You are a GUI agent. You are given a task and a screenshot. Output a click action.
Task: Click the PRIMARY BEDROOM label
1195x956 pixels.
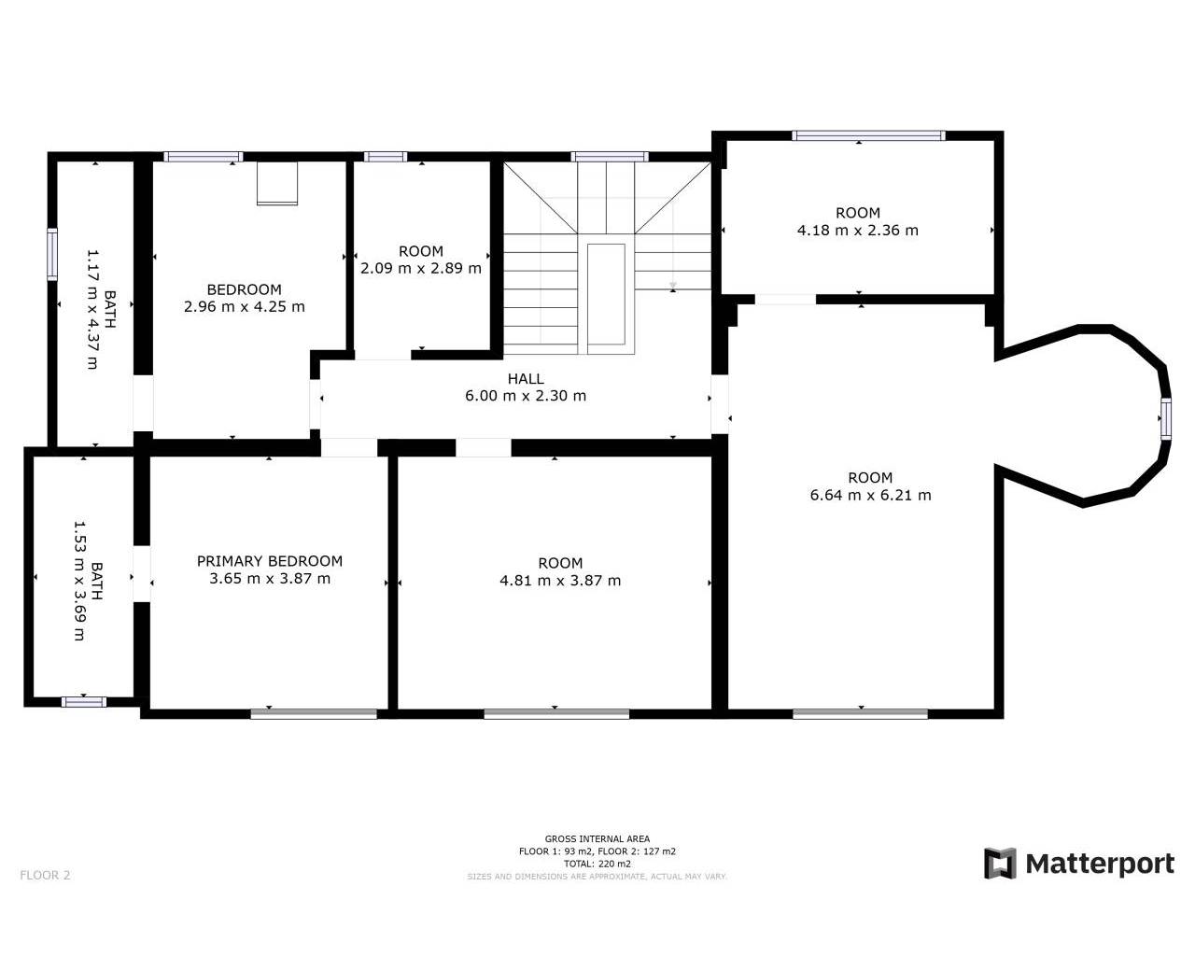tap(269, 561)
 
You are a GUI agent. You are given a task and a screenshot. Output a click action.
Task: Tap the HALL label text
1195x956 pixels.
tap(526, 379)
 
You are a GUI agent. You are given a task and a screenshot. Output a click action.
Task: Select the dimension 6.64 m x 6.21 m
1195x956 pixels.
tap(870, 495)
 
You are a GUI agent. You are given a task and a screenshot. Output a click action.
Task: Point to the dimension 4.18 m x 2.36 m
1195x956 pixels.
tap(857, 230)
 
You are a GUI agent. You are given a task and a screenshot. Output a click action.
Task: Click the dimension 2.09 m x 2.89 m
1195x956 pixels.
tap(421, 268)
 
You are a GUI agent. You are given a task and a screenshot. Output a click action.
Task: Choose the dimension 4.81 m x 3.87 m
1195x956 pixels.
tap(560, 580)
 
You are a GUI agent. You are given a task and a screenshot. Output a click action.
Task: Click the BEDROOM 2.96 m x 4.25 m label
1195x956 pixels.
tap(244, 298)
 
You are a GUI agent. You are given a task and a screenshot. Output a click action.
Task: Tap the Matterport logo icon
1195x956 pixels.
tap(1000, 864)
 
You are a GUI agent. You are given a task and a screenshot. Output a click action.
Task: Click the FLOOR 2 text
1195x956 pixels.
tap(45, 875)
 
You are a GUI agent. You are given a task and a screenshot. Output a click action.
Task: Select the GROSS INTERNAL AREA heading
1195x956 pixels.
tap(597, 838)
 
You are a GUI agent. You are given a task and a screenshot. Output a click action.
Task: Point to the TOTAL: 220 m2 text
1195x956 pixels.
tap(597, 864)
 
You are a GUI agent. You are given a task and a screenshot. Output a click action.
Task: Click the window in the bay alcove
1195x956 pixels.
tap(1165, 418)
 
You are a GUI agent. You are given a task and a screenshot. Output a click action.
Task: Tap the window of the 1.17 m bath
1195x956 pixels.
tap(52, 254)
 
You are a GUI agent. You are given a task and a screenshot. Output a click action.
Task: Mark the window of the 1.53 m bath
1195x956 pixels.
tap(84, 702)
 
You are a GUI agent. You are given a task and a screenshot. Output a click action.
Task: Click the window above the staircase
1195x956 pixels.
tap(610, 157)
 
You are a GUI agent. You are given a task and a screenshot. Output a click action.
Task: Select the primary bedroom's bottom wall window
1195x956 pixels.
tap(314, 714)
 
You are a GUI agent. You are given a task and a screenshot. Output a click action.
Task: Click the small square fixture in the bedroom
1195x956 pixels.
tap(277, 183)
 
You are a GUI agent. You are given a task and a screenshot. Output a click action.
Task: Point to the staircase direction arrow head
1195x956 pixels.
tap(672, 286)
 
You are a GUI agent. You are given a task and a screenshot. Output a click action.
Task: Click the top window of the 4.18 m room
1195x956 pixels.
tap(868, 135)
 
